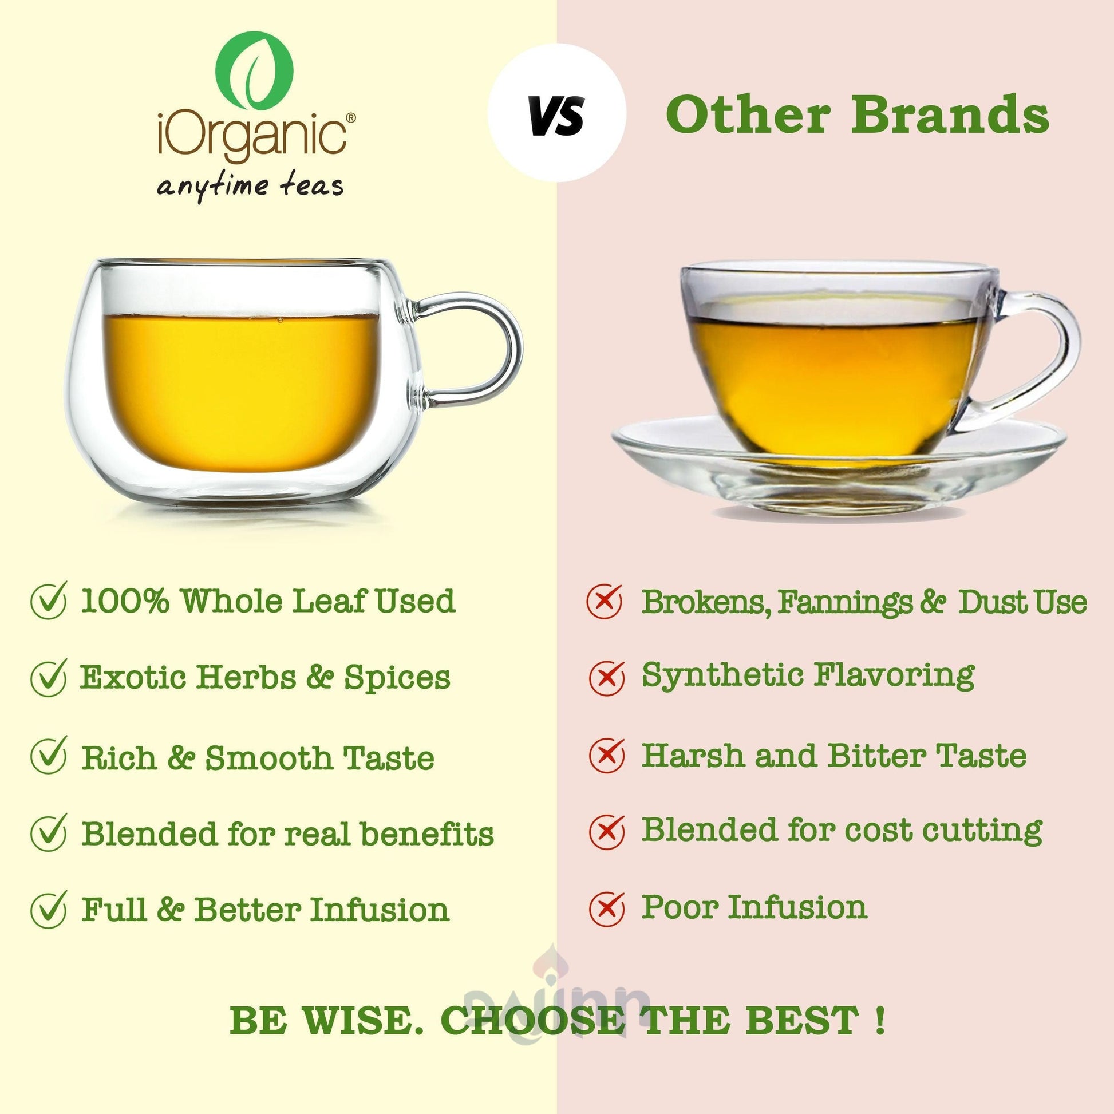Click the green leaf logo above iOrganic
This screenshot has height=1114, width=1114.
point(254,69)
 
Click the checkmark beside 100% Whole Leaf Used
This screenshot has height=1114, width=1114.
point(50,601)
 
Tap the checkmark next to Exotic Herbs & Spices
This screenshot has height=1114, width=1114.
point(50,678)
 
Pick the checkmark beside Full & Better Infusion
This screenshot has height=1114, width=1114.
point(50,909)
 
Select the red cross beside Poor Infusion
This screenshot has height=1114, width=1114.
point(607,908)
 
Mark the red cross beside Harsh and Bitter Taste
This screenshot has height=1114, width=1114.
point(607,754)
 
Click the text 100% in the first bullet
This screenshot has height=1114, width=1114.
point(125,602)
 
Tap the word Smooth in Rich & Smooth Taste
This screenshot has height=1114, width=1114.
point(268,757)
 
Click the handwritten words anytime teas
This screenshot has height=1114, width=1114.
point(250,185)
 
